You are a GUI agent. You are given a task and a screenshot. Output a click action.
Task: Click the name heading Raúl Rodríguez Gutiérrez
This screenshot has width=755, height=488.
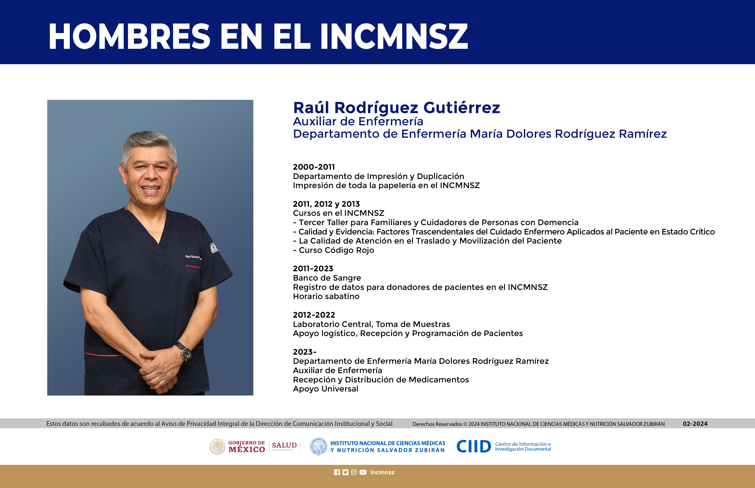pos(397,108)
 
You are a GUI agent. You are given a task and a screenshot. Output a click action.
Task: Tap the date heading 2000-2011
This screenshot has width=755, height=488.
pos(314,167)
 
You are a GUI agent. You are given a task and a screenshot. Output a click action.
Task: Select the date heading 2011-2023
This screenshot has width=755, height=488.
pos(313,269)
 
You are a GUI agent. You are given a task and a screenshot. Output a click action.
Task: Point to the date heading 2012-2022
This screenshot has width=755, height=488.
pos(314,315)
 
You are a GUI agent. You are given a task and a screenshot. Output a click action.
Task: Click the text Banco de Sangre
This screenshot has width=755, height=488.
pos(327,278)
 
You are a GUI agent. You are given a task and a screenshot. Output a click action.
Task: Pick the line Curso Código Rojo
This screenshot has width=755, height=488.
pos(334,250)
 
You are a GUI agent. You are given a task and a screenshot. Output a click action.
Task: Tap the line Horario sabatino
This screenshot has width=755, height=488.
pos(326,296)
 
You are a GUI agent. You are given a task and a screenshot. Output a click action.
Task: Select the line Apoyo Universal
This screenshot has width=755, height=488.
pos(326,389)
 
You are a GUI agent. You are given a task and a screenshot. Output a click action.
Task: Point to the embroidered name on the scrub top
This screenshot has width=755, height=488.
pos(193,257)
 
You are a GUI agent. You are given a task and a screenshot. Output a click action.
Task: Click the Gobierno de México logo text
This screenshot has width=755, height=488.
pos(246,447)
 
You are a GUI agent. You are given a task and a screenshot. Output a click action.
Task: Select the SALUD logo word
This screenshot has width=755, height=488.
pos(284,445)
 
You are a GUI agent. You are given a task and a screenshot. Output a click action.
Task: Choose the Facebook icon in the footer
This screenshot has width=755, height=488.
pos(337,472)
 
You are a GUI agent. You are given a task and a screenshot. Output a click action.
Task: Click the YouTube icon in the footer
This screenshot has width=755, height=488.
pos(363,472)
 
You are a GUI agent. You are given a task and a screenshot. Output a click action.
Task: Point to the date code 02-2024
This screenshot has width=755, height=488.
pos(695,424)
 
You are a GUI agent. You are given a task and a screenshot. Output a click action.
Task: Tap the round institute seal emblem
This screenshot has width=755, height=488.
pos(318,447)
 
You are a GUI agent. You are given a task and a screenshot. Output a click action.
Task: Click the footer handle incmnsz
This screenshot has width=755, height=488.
pos(382,472)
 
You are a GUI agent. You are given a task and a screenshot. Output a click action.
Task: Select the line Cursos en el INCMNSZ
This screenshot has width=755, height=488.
pos(338,213)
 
